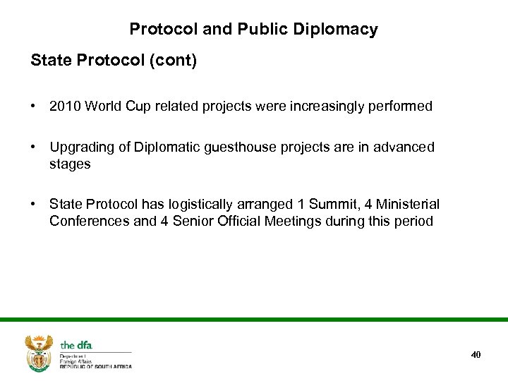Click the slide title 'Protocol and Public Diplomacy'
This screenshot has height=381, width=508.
[253, 30]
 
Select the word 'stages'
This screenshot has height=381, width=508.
[70, 164]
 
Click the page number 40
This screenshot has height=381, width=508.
[476, 354]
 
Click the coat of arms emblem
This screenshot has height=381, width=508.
[39, 353]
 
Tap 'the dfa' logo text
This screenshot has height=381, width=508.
[76, 345]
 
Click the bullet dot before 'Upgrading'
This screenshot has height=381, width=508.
[34, 147]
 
